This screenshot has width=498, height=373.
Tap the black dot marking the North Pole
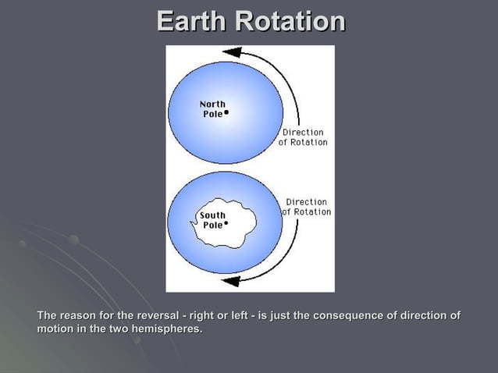point(226,112)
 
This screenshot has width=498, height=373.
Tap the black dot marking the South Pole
point(226,223)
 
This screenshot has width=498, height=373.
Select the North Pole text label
point(212,108)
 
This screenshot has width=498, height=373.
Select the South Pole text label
point(212,219)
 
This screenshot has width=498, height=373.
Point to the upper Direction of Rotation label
point(303,137)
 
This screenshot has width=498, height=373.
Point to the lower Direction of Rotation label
point(306,207)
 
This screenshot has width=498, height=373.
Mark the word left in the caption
point(237,315)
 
